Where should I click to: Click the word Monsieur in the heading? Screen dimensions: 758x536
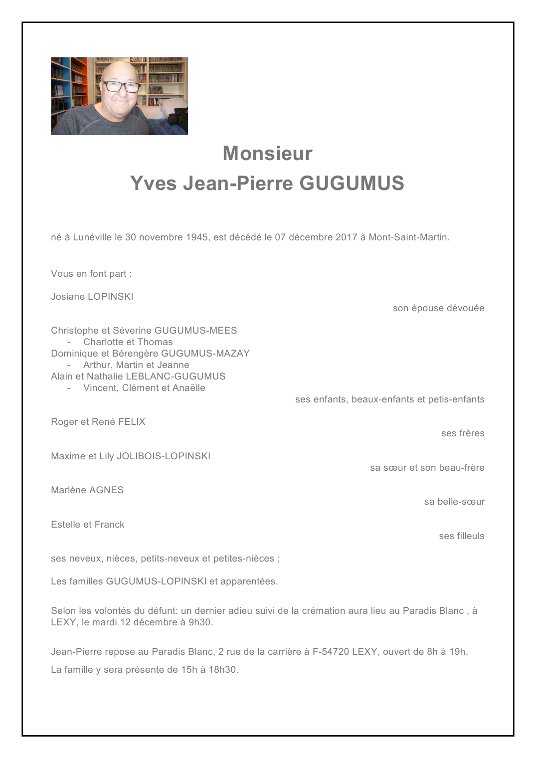click(267, 154)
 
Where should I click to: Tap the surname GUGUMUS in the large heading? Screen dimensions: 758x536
click(352, 184)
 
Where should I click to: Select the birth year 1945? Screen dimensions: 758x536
click(197, 237)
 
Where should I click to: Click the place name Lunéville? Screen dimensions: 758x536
click(92, 237)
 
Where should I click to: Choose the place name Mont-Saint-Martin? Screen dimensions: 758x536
click(408, 237)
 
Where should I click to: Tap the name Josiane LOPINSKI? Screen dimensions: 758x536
click(92, 297)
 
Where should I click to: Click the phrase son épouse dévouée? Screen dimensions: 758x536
click(438, 308)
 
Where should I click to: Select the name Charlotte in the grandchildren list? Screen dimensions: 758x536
click(103, 342)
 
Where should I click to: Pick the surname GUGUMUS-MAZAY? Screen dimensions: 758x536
click(205, 354)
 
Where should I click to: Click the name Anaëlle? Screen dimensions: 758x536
click(189, 388)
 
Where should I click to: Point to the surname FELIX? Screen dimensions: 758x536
click(132, 422)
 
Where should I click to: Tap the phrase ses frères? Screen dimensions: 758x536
click(463, 433)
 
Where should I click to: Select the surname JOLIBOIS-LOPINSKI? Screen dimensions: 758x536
click(164, 456)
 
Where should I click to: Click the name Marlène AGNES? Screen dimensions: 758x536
click(87, 490)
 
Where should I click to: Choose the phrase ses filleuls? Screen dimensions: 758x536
click(462, 536)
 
